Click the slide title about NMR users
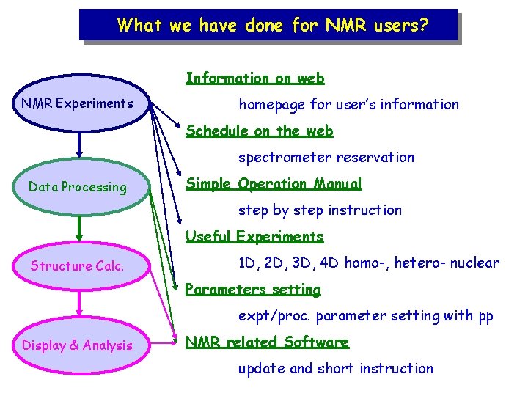tap(272, 26)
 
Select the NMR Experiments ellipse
tap(77, 103)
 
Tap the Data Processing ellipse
tap(77, 187)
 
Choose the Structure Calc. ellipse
tap(77, 266)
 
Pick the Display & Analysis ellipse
tap(77, 345)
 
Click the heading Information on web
tap(254, 78)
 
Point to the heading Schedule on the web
tap(259, 131)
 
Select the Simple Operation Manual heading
tap(274, 184)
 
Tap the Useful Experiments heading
tap(254, 237)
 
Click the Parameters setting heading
tap(253, 290)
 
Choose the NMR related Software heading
tap(267, 342)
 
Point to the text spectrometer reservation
tap(326, 158)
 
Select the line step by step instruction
tap(320, 210)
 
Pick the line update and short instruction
tap(335, 369)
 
